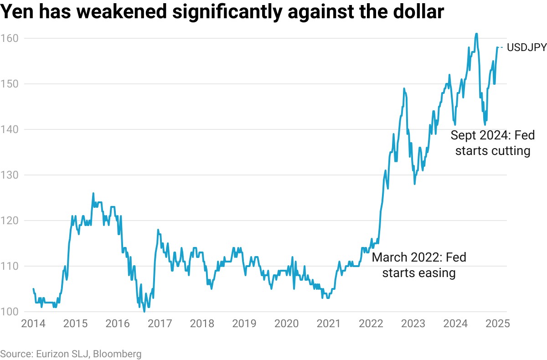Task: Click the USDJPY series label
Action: point(526,47)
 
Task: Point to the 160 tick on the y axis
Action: point(10,38)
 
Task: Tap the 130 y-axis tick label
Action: point(10,175)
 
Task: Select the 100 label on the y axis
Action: point(10,312)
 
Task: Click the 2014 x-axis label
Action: point(33,324)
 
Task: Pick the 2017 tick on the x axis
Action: point(160,324)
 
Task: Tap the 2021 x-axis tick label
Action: point(329,324)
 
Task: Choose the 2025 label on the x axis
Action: point(497,324)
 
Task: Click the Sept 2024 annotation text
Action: point(492,143)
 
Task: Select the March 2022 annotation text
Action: point(419,265)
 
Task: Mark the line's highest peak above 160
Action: point(476,33)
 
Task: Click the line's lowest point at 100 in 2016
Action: point(144,311)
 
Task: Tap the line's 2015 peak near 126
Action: point(93,193)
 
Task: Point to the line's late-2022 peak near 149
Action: point(404,88)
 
